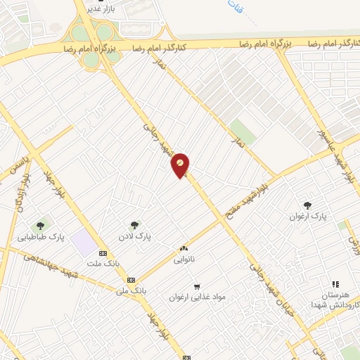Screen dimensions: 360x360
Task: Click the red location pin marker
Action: click(x=181, y=165)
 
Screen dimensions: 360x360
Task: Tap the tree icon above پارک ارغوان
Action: click(x=307, y=205)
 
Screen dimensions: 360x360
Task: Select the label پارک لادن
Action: click(x=134, y=236)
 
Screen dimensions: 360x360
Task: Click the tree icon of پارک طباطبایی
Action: click(x=41, y=226)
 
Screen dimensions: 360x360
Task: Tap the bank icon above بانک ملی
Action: click(x=131, y=279)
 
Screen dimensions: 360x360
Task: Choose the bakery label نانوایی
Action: click(x=184, y=258)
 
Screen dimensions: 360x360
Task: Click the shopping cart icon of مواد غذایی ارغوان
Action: click(x=197, y=286)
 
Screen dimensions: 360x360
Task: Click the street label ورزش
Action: click(x=352, y=243)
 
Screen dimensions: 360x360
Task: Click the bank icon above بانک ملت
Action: click(x=103, y=253)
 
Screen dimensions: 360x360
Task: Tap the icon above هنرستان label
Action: click(x=335, y=284)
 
